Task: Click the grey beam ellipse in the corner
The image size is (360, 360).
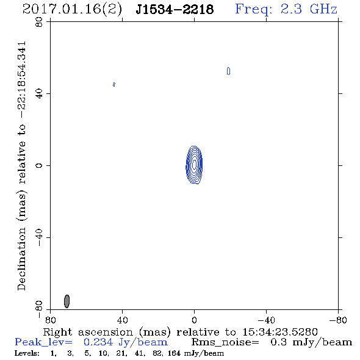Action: click(x=67, y=301)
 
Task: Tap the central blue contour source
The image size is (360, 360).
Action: click(x=194, y=165)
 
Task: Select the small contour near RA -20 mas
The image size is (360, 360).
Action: click(x=228, y=71)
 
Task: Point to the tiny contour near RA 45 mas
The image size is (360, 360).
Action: click(x=114, y=84)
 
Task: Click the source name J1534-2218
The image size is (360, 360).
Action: click(x=175, y=9)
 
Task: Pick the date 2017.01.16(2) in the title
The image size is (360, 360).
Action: click(x=72, y=9)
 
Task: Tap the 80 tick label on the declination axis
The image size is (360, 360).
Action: click(x=39, y=22)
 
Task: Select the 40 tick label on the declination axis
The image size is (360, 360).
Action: click(x=39, y=94)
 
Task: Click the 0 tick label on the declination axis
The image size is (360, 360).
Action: click(x=39, y=165)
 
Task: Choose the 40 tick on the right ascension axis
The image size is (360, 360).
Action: click(x=123, y=320)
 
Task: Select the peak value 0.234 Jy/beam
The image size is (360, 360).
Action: click(x=126, y=342)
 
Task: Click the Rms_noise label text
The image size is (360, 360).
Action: click(x=225, y=342)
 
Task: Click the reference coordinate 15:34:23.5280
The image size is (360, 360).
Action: click(x=280, y=332)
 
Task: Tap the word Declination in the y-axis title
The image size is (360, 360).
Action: click(x=21, y=259)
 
